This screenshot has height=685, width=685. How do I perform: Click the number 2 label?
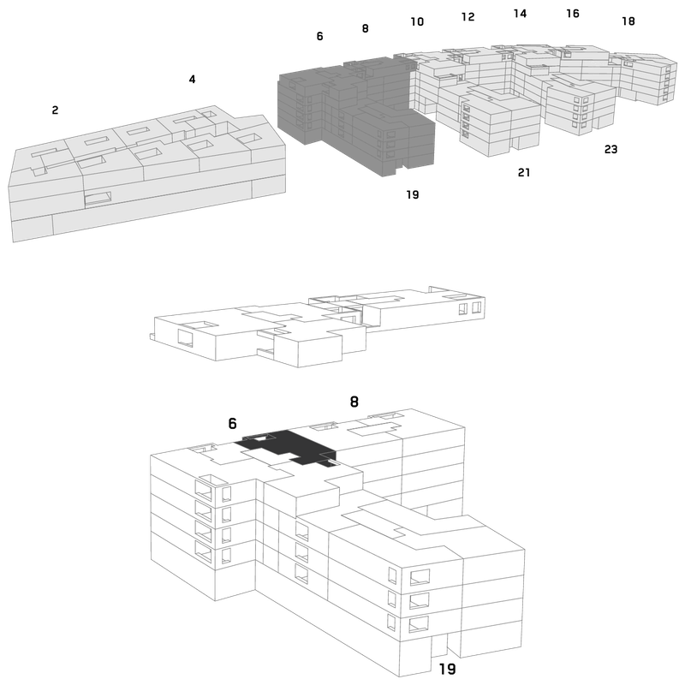pos(55,110)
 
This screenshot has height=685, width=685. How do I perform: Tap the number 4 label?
pos(192,79)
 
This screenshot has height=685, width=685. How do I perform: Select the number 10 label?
pos(417,21)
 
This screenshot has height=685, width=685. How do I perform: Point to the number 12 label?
pos(468,16)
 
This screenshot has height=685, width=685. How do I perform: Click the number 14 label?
pos(520,14)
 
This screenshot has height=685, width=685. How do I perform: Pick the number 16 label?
pos(573,14)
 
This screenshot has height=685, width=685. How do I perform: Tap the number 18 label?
pos(628,21)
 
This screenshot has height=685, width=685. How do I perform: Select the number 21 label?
pos(524,173)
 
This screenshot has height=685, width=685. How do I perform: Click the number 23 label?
pos(611,149)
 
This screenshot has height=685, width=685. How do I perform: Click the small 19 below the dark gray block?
pos(413,194)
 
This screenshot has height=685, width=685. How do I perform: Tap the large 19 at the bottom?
pos(447,669)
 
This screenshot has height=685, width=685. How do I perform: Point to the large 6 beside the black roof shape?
pos(232,423)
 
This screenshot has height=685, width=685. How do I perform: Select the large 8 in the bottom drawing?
pos(354,402)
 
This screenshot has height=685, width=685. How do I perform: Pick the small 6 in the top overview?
pos(319,36)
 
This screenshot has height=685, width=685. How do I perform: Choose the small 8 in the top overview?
pos(366,28)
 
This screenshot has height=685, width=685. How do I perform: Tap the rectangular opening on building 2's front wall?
pos(98,199)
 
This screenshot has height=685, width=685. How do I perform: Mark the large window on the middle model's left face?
pos(185,338)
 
